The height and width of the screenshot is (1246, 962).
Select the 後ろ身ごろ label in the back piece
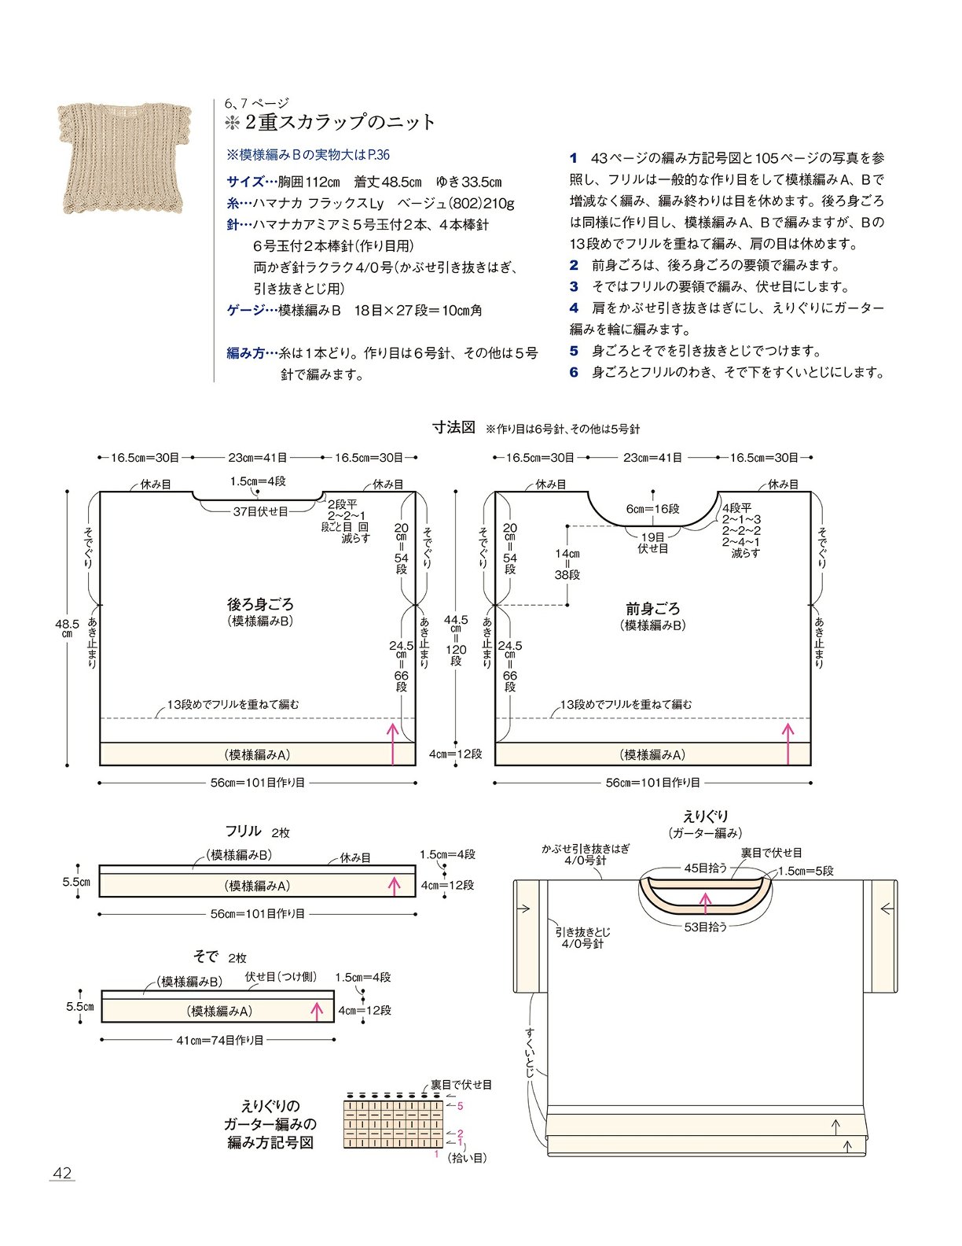[260, 604]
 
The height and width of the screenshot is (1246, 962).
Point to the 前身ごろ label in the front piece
[652, 608]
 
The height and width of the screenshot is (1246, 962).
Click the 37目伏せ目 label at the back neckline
[260, 511]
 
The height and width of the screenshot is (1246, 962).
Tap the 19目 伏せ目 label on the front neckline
[652, 543]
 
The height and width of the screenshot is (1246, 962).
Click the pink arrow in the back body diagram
[392, 743]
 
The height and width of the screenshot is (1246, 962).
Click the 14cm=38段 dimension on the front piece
[567, 564]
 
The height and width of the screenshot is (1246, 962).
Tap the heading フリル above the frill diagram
[244, 831]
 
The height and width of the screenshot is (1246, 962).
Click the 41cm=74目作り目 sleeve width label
[220, 1040]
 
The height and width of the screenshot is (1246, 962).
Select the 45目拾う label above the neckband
[705, 868]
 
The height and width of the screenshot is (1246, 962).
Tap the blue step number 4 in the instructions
[574, 308]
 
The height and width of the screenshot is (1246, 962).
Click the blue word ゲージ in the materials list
[245, 310]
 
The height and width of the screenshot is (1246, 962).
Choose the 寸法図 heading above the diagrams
[453, 427]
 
